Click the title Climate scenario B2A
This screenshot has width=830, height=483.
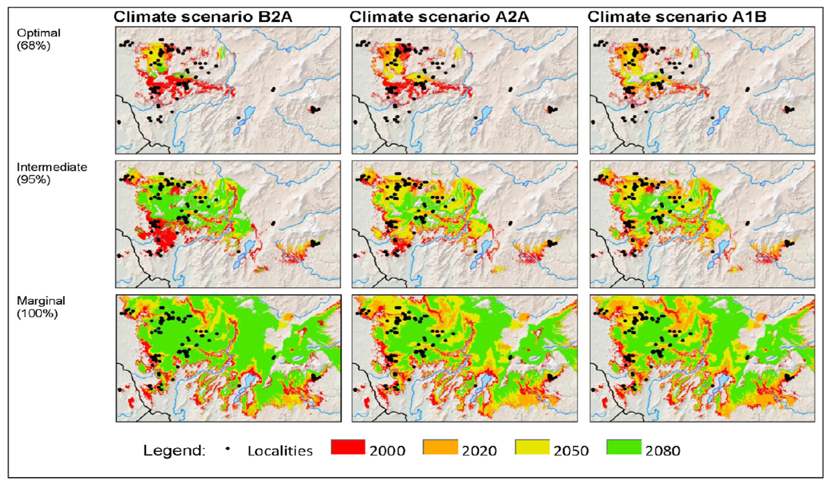[x=203, y=17]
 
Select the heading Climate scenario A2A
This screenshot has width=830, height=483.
[x=439, y=17]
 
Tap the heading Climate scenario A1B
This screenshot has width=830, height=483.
[x=676, y=17]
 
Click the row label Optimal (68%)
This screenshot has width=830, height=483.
[x=38, y=39]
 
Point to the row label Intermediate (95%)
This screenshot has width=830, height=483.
[x=51, y=173]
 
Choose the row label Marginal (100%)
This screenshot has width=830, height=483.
[x=40, y=307]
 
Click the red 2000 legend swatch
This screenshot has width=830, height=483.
[x=348, y=447]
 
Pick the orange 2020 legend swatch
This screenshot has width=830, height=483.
[x=440, y=447]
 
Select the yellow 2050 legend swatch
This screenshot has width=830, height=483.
[x=532, y=447]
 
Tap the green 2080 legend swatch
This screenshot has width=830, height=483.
[x=624, y=447]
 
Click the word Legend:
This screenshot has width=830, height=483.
[x=174, y=450]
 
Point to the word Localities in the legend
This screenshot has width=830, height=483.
[x=280, y=451]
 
